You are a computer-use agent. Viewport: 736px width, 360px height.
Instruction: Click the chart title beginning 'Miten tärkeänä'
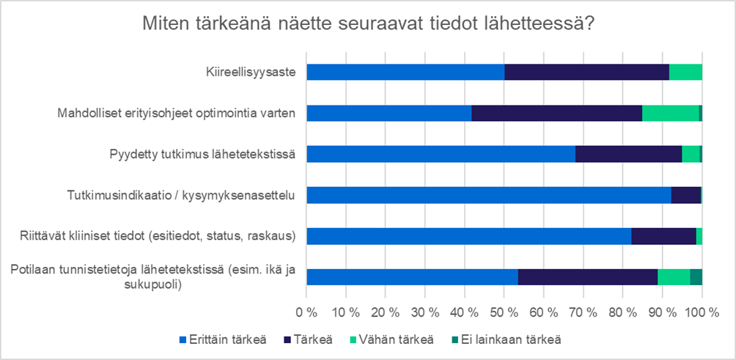[x=368, y=23]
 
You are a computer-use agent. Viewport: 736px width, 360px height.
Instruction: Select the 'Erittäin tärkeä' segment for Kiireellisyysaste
[x=405, y=72]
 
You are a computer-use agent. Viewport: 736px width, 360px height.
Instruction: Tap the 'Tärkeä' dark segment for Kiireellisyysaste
[x=586, y=72]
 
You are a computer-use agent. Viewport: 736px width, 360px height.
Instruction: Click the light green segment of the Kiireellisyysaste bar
[x=685, y=72]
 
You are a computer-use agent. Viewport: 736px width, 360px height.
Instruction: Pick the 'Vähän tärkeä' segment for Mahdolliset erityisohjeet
[x=670, y=113]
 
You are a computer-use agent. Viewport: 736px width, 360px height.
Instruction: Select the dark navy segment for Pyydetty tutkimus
[x=628, y=154]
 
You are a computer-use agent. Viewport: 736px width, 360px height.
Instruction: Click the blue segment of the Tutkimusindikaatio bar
[x=488, y=195]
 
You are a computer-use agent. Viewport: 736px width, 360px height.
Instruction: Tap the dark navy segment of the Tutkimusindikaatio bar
[x=685, y=195]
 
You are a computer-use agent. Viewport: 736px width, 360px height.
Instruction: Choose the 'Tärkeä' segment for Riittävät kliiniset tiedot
[x=663, y=236]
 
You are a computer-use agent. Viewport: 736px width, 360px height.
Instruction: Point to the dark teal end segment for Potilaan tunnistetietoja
[x=696, y=277]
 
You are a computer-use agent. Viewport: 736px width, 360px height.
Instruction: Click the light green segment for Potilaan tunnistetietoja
[x=674, y=277]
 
